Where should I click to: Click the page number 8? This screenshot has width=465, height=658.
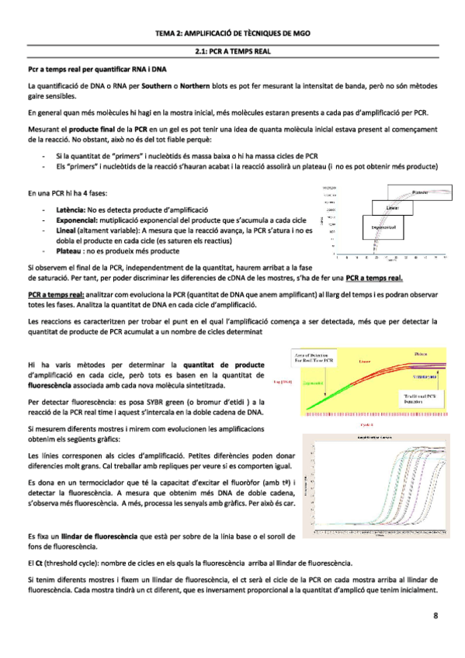(x=436, y=616)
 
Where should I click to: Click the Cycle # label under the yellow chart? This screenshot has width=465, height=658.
(x=368, y=425)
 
